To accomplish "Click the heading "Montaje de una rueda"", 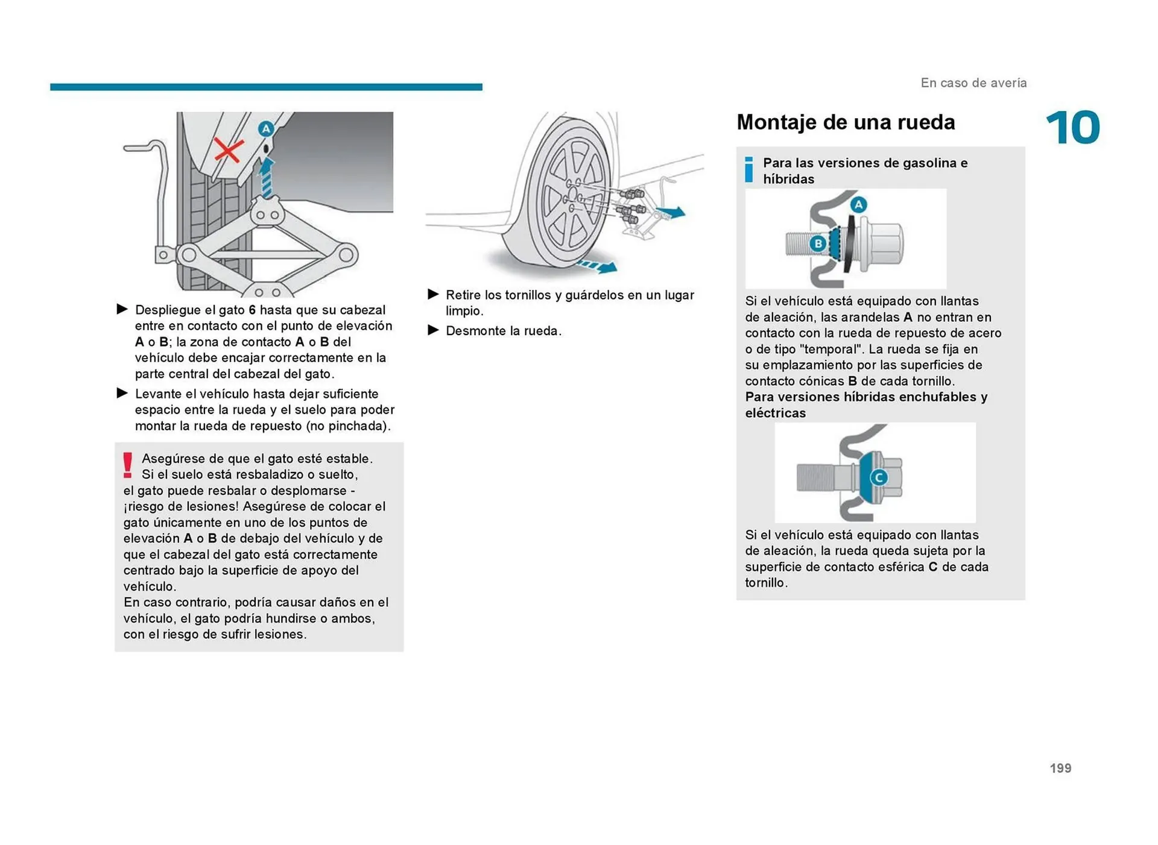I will point(845,122).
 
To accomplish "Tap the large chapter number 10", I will point(1072,128).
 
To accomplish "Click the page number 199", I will point(1060,768).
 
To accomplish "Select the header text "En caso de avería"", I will point(973,83).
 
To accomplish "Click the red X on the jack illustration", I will point(229,150).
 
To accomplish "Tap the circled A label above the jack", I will point(265,128).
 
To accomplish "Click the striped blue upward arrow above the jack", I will point(266,178).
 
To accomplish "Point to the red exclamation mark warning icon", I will point(128,465).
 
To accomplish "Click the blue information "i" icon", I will point(748,169).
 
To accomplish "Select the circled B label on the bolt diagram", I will point(818,243).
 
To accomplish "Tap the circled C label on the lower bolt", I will point(878,477).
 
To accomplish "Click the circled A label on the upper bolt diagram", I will point(858,204).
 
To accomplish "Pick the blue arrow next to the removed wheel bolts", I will point(671,212).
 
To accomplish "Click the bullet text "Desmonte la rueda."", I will point(503,331).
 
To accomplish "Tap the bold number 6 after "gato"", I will point(252,310).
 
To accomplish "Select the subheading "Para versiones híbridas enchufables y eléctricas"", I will point(865,404).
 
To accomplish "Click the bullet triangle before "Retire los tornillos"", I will point(433,294).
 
